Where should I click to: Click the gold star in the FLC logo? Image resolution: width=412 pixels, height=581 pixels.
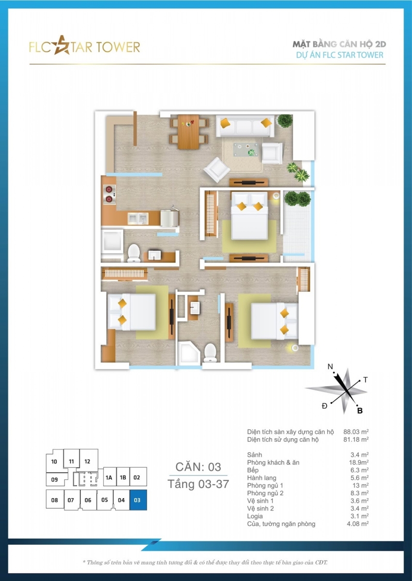pos(62,46)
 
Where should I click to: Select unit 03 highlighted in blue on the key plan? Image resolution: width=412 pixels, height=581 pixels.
pos(138,500)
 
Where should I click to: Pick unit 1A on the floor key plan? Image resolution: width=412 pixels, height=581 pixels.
pos(109,477)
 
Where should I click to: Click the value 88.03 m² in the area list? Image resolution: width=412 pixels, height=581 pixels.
pos(356,431)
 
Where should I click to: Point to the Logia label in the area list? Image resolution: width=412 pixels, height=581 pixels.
pos(255,516)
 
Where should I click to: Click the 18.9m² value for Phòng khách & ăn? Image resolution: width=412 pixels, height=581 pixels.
pos(359,462)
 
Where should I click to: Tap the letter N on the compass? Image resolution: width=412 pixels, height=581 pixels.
pos(330,367)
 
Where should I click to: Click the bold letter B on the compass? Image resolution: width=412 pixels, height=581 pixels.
pos(360,411)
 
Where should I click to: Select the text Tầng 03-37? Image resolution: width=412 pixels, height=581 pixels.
pos(198,484)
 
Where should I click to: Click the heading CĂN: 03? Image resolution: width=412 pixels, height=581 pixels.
pos(198,467)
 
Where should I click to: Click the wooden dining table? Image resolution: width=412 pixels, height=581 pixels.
pos(188,132)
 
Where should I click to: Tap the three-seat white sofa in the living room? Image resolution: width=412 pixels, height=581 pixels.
pos(245,126)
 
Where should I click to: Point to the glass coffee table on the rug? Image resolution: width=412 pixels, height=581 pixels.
pos(245,150)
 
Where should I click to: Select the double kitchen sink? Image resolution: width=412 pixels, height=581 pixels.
pos(138,219)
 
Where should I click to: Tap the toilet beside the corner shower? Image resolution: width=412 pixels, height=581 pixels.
pos(210,352)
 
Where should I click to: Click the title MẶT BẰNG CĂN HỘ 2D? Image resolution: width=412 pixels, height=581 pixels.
pos(339,45)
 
